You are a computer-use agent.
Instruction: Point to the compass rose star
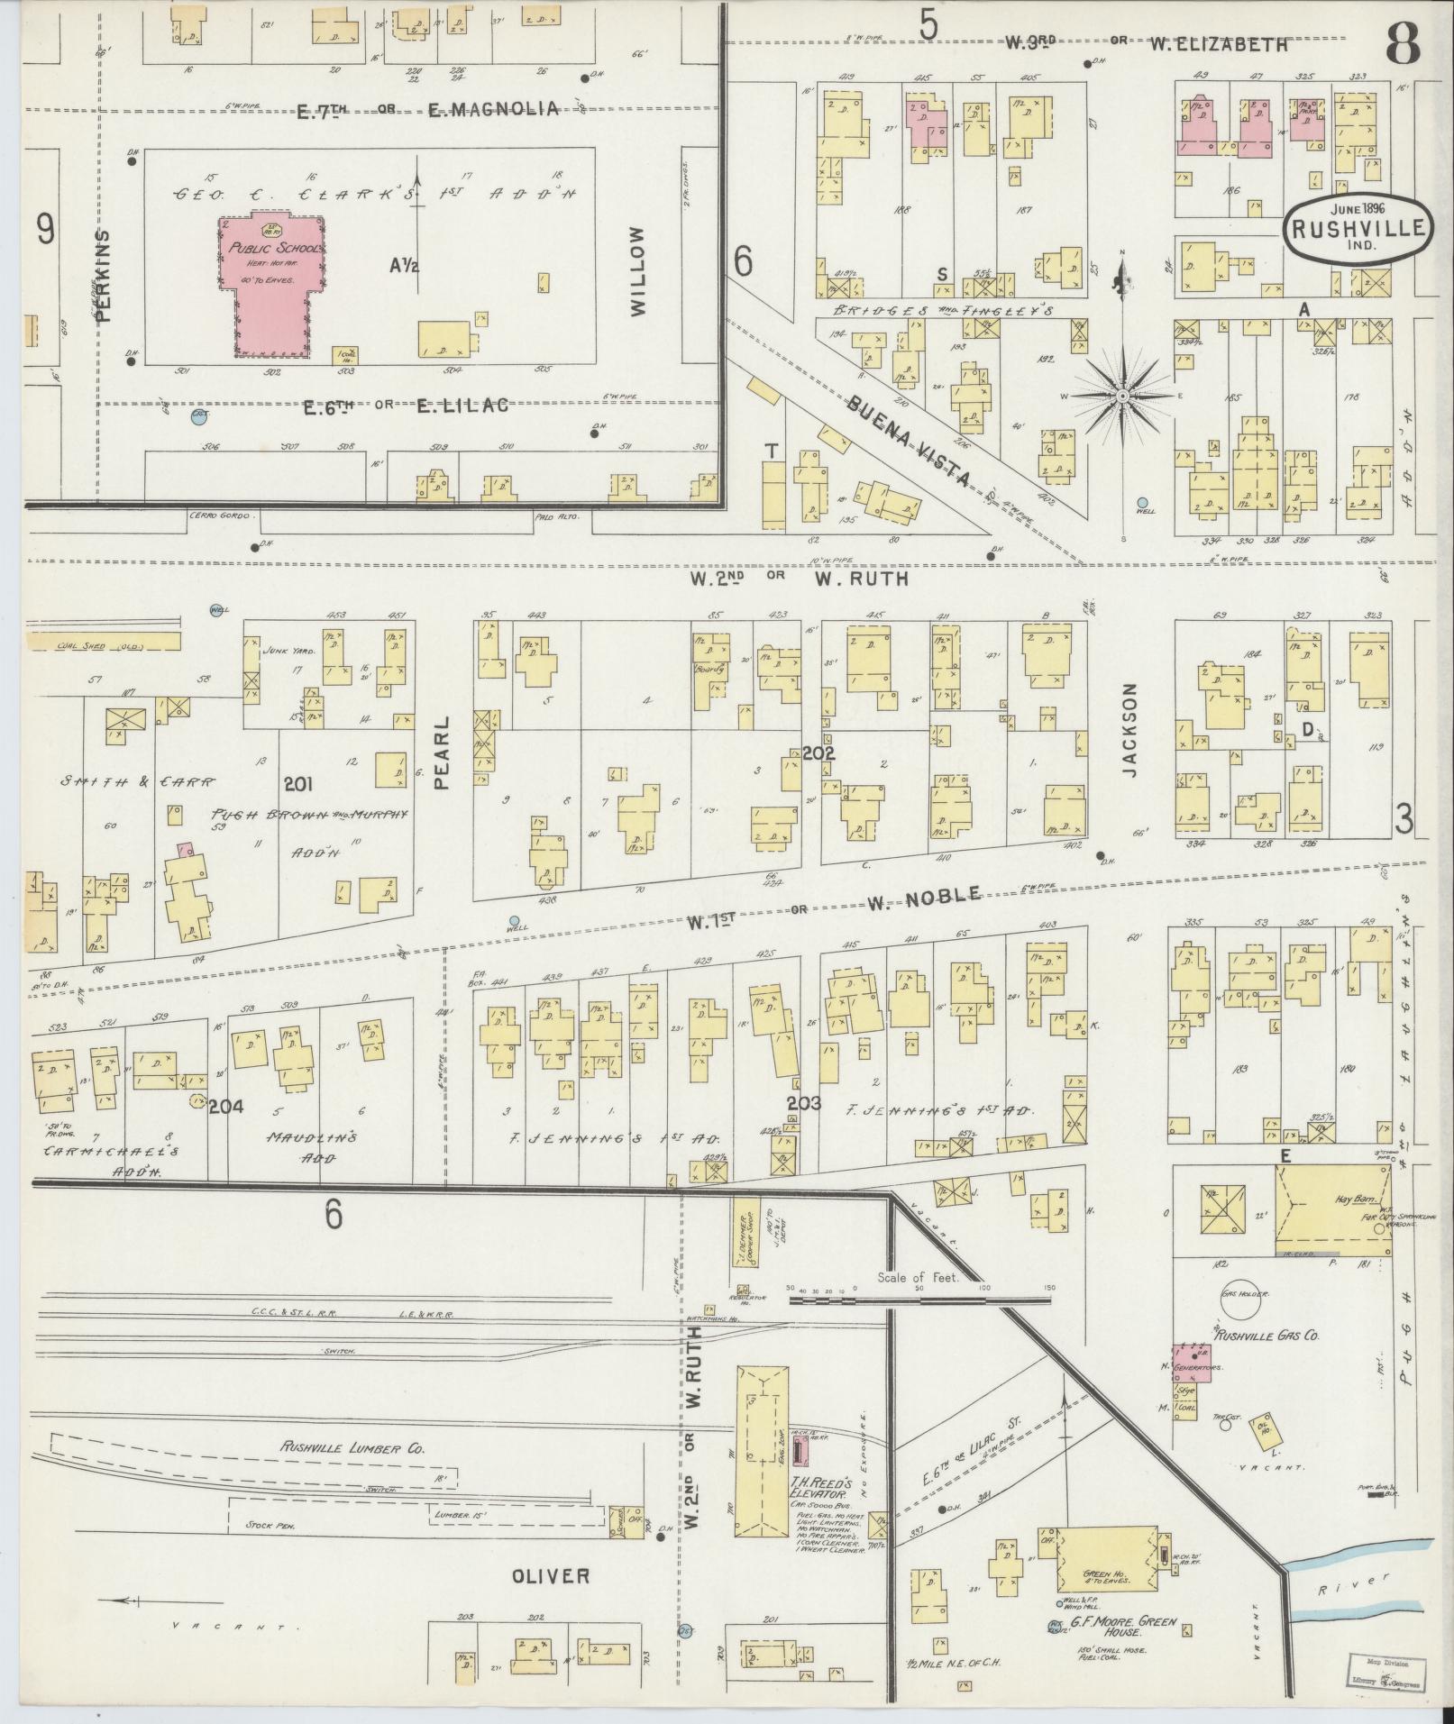pos(1122,396)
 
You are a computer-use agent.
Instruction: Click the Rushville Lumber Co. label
pos(352,1448)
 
